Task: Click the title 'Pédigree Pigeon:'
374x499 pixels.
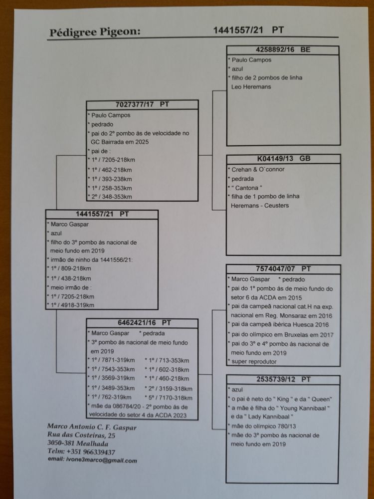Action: [95, 33]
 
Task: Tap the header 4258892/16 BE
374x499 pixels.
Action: [283, 50]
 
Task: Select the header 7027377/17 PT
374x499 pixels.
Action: [142, 104]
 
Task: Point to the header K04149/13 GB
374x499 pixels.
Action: [284, 159]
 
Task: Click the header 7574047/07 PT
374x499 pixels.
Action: [283, 268]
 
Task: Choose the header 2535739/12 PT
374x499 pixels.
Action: [283, 379]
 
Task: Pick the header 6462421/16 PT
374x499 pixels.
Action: [143, 323]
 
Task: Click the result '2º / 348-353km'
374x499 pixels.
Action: [112, 197]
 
